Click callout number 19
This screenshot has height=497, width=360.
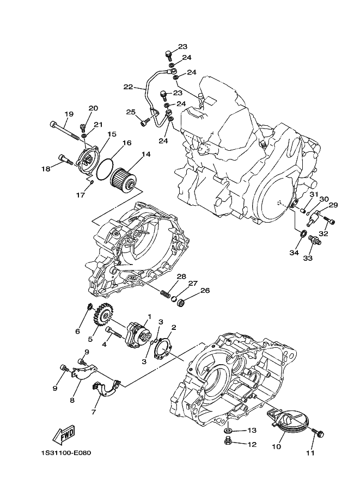[x=69, y=114]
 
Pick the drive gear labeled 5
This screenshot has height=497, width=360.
[x=103, y=316]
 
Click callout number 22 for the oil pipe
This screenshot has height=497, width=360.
[x=128, y=87]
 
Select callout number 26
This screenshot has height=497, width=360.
[x=205, y=290]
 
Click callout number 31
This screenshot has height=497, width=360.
[x=314, y=194]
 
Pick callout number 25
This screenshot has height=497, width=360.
[x=130, y=112]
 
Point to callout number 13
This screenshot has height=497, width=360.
[x=252, y=430]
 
